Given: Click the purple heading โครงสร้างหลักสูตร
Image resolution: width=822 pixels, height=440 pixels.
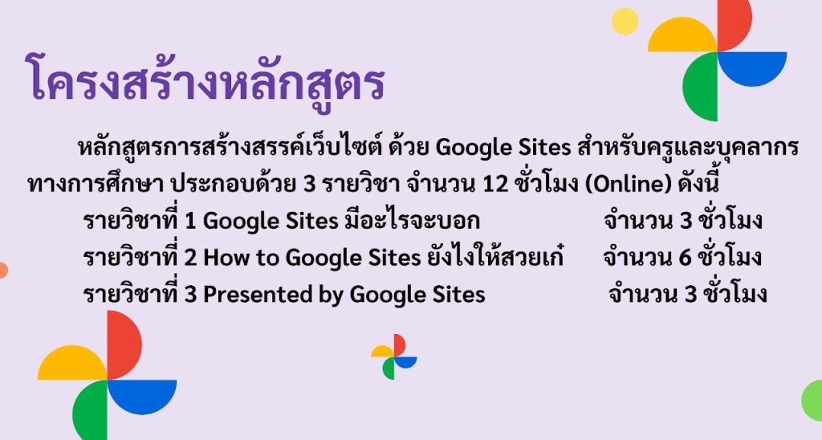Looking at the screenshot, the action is (x=205, y=79).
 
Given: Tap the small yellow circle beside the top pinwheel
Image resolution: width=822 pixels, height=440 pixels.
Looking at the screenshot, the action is (x=625, y=22).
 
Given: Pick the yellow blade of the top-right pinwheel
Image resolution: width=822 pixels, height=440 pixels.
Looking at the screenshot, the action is (x=682, y=37).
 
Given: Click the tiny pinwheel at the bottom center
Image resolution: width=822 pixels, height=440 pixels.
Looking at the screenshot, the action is (x=394, y=356).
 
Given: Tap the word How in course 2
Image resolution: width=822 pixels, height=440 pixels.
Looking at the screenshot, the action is (x=222, y=258).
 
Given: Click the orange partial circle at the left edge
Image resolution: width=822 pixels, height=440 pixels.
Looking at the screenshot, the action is (x=3, y=270).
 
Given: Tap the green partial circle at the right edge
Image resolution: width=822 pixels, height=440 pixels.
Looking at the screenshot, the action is (x=812, y=401).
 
